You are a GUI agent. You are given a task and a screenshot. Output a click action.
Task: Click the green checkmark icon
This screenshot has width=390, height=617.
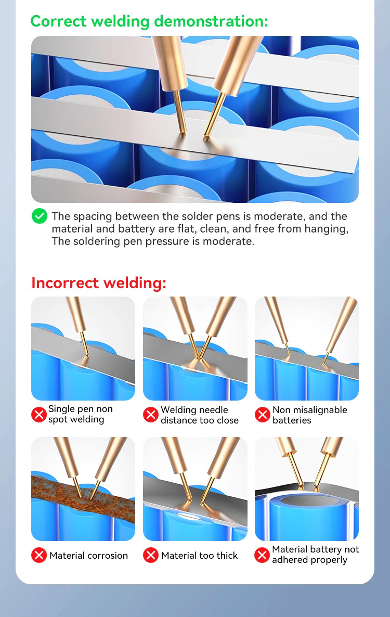pyautogui.click(x=40, y=216)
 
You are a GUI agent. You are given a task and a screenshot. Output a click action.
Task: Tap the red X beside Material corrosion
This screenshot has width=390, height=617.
pyautogui.click(x=39, y=555)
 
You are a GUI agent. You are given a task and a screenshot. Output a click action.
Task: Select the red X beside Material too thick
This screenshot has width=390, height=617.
pyautogui.click(x=151, y=555)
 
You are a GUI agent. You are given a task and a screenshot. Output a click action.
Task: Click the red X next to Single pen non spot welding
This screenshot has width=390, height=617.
pyautogui.click(x=39, y=414)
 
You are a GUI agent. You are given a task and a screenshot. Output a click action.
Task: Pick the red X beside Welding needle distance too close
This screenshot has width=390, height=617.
pyautogui.click(x=151, y=414)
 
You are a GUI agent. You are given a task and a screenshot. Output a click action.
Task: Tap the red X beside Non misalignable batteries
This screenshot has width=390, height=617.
pyautogui.click(x=262, y=414)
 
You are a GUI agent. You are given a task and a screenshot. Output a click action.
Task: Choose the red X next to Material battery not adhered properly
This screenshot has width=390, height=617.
pyautogui.click(x=262, y=555)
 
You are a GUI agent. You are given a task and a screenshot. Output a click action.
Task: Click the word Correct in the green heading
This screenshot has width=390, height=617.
pyautogui.click(x=58, y=21)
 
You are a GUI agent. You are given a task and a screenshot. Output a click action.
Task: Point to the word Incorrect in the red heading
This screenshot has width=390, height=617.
pyautogui.click(x=65, y=283)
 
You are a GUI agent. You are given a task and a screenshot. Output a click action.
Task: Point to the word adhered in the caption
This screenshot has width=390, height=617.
pyautogui.click(x=290, y=560)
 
